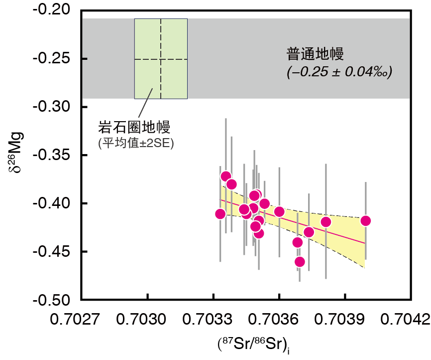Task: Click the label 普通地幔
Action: point(316,53)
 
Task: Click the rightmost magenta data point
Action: point(365,221)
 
